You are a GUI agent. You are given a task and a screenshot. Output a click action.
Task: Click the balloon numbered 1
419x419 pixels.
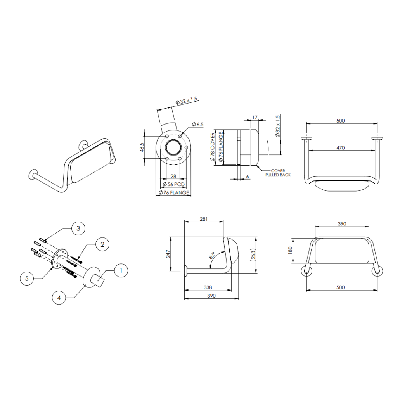121,270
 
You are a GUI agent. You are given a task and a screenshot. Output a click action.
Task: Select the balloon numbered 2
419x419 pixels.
102,244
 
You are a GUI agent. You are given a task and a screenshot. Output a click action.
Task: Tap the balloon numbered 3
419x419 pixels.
78,229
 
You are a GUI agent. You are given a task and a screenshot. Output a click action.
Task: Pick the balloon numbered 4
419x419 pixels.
59,298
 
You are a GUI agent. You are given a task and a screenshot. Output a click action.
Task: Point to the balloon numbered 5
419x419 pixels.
27,279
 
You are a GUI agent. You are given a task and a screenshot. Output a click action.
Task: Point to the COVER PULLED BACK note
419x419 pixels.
277,173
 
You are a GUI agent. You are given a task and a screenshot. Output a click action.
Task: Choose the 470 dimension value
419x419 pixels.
340,148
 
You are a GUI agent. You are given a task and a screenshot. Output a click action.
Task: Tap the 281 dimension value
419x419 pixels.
204,219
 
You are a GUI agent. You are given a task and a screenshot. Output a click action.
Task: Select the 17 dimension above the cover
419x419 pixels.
255,117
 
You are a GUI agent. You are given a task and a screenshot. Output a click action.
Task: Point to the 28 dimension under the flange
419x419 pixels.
173,176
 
